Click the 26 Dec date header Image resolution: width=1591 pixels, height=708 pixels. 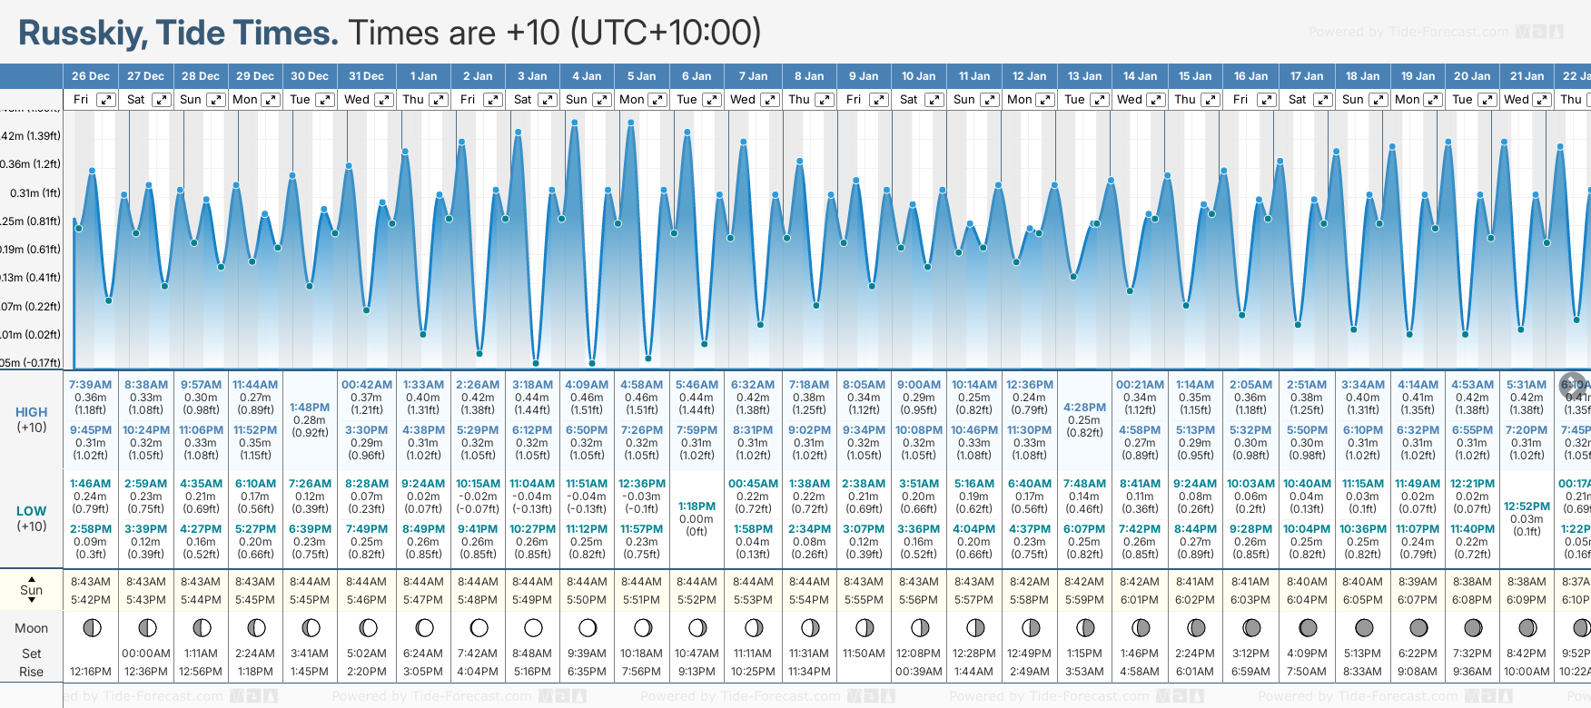(91, 76)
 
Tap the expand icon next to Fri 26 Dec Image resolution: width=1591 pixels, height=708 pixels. (106, 100)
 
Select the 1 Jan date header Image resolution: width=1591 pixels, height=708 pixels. (423, 76)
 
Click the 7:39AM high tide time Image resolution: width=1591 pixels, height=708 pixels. (91, 385)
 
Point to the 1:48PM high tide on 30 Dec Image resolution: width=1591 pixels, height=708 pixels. (310, 408)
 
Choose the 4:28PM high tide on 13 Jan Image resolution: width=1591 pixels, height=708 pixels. (1084, 408)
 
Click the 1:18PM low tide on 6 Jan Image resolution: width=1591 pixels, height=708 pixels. (697, 506)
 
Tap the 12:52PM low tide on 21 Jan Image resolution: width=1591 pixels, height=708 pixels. (1527, 506)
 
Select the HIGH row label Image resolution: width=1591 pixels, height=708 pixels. (32, 412)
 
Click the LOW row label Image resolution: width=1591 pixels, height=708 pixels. (32, 511)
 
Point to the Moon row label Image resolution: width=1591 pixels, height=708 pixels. (32, 628)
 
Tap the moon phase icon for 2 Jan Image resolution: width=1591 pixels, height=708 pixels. (479, 627)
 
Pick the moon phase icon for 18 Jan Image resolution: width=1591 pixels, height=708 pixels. (1363, 627)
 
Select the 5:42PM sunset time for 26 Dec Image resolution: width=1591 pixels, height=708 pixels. (91, 600)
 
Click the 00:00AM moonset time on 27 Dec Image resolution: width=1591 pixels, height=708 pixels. (146, 654)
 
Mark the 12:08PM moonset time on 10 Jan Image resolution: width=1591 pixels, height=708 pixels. (919, 654)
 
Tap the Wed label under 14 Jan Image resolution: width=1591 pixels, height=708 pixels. (1130, 100)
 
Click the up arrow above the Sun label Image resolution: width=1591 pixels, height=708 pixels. (32, 578)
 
